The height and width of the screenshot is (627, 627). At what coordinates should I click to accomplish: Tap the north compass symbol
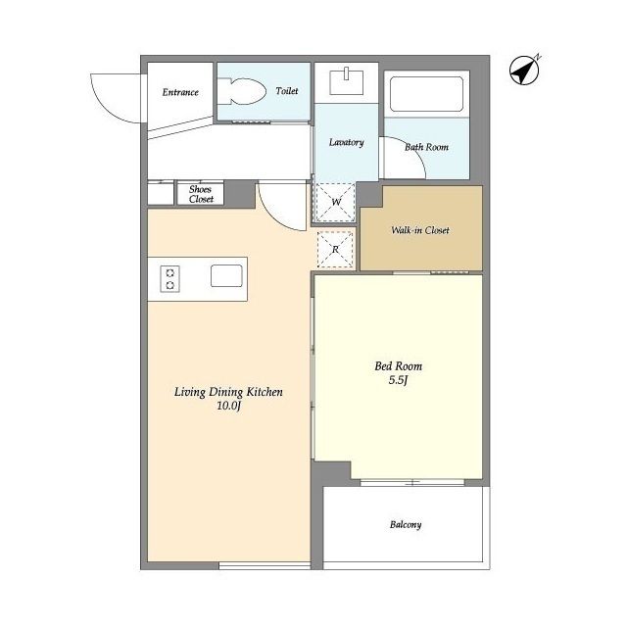[x=525, y=70]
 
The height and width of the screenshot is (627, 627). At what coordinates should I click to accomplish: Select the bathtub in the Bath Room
[x=426, y=94]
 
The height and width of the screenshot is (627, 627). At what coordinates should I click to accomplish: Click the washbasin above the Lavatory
[x=346, y=82]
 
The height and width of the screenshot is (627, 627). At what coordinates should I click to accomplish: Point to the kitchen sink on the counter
[x=226, y=275]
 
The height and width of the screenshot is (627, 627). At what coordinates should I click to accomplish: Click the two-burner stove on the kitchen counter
[x=169, y=278]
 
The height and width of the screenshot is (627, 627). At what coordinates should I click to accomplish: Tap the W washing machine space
[x=335, y=202]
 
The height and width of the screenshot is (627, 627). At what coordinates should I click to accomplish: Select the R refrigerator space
[x=335, y=250]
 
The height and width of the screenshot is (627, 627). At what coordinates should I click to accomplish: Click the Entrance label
[x=180, y=92]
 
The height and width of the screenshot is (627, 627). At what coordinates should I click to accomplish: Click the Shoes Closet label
[x=201, y=194]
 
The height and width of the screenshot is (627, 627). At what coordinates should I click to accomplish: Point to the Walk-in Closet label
[x=420, y=230]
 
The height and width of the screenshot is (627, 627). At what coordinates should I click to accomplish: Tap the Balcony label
[x=406, y=524]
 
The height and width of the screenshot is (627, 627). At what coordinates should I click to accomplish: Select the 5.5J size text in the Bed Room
[x=398, y=380]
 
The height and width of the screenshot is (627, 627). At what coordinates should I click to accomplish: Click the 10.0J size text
[x=228, y=406]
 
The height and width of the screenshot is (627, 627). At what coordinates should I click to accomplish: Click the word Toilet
[x=287, y=91]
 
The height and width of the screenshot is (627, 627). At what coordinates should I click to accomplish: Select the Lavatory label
[x=346, y=142]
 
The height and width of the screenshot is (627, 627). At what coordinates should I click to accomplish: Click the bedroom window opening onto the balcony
[x=412, y=482]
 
